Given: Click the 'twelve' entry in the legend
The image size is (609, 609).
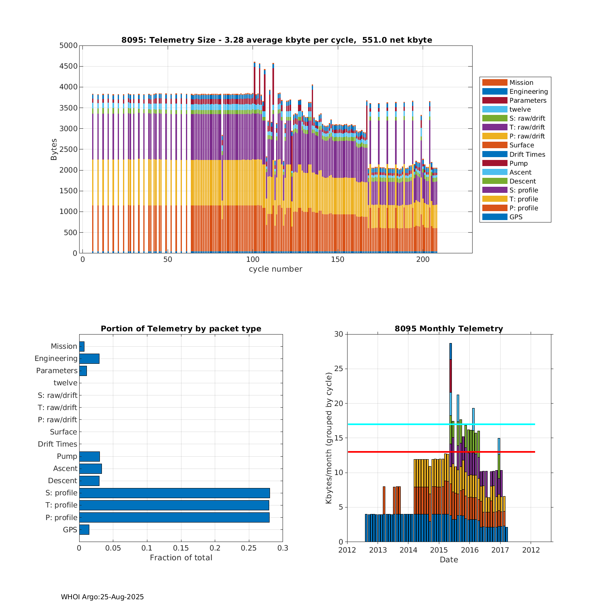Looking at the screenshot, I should coord(520,110).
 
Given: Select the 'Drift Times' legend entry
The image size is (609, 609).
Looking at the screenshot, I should coord(527,154).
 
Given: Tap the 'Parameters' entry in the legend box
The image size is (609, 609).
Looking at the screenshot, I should coord(528,101).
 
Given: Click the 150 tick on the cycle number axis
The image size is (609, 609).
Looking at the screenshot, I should coord(338,260).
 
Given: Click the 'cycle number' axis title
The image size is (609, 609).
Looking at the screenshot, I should coord(275,269).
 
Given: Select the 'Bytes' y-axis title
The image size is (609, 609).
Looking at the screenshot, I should coord(54,149).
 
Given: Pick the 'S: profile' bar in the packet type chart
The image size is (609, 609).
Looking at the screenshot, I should coord(175,493).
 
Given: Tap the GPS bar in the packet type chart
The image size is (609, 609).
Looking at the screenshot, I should coord(84,529).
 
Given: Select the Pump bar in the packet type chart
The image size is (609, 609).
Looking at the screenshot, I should coord(89,456).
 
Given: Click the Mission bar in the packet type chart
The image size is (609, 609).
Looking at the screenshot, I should coord(82,346).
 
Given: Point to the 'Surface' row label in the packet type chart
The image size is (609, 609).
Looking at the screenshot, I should coord(63,432).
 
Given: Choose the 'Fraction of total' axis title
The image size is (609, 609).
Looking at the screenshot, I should coord(181,558).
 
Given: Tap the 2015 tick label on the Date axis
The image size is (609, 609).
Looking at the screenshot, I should coord(439,550).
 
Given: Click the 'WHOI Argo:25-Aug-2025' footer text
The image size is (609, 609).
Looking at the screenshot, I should coord(102,597).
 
